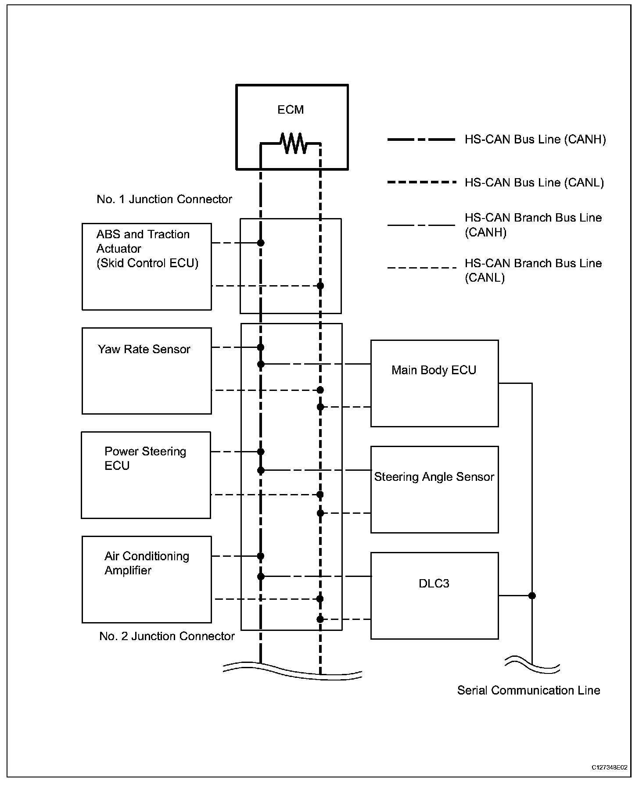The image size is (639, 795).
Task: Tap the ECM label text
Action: tap(291, 110)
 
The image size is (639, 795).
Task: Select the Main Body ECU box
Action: tap(434, 383)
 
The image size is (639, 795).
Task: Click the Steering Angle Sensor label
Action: tap(434, 477)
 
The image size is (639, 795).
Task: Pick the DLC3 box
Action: tap(434, 595)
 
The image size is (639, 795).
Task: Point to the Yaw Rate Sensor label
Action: tap(144, 349)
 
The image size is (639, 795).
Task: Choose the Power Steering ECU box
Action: tap(146, 475)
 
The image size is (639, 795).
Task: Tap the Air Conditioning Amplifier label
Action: tap(147, 563)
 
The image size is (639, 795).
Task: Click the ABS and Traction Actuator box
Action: tap(147, 267)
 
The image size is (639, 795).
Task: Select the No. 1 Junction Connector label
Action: tap(164, 199)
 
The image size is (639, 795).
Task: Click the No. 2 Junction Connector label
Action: tap(167, 636)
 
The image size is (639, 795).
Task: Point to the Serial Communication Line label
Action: tap(528, 690)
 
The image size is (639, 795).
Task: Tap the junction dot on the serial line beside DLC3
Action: tap(532, 596)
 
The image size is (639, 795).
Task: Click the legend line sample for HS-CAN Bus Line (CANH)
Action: tap(421, 140)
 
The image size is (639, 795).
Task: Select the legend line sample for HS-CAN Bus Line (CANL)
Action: tap(421, 182)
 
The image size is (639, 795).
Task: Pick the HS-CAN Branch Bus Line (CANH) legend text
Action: tap(533, 225)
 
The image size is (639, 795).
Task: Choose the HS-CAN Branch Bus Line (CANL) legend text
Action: tap(533, 270)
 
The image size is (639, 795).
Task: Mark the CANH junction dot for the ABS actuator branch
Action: tap(261, 243)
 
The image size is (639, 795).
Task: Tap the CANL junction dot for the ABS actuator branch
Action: tap(320, 286)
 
